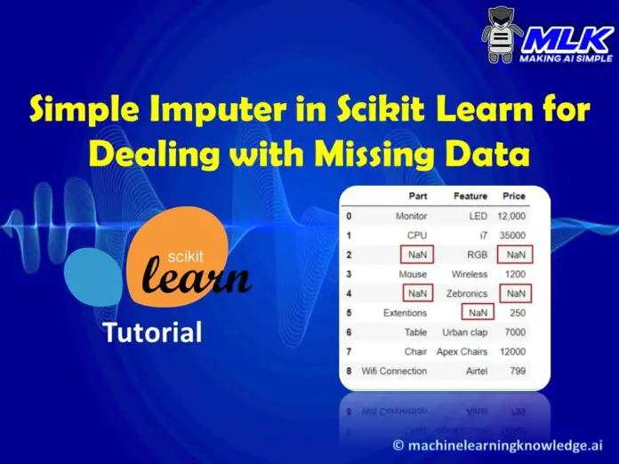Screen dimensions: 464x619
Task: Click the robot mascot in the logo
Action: (502, 36)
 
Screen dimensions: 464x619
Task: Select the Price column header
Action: (513, 196)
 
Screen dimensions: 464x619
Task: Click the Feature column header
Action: (470, 196)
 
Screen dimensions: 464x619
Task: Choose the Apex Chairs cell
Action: (462, 352)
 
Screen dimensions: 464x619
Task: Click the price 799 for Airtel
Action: (516, 371)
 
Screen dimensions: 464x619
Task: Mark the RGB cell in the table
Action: (476, 255)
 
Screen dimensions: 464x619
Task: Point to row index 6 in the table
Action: (349, 332)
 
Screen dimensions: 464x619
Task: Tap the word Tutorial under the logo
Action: (152, 333)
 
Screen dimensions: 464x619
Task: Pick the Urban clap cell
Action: (465, 332)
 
